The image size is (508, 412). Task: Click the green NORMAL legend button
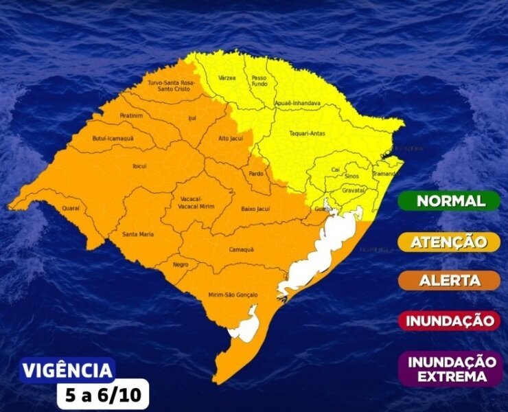[x=450, y=201]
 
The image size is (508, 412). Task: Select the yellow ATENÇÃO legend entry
[x=450, y=242]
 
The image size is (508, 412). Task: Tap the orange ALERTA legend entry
[x=450, y=280]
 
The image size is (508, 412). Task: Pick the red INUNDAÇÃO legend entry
[x=450, y=320]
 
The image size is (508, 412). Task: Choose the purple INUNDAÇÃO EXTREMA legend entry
[x=452, y=369]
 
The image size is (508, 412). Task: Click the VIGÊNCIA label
[x=67, y=371]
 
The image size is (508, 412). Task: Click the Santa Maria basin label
[x=137, y=235]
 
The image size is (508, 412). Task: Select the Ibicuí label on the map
[x=140, y=165]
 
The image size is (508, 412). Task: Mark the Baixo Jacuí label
[x=255, y=208]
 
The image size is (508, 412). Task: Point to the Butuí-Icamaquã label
[x=113, y=139]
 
